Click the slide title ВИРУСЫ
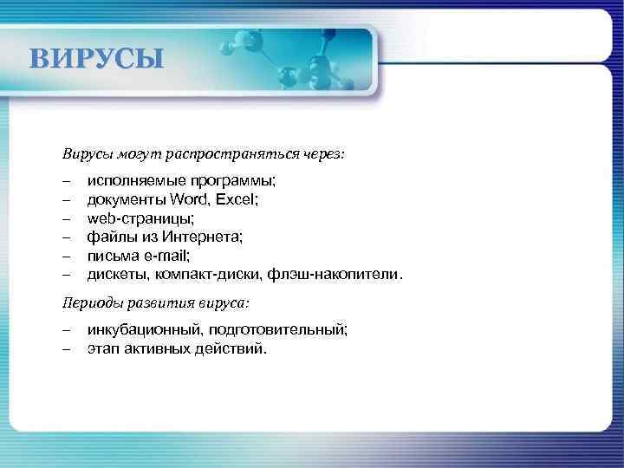pyautogui.click(x=95, y=60)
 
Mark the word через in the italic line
pyautogui.click(x=322, y=153)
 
